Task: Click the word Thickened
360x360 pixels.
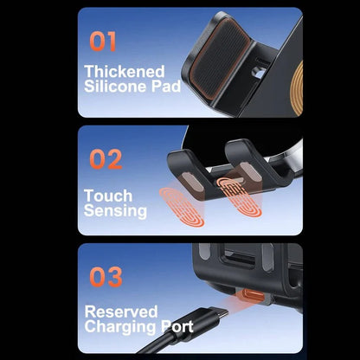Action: [123, 72]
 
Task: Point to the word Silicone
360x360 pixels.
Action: [113, 87]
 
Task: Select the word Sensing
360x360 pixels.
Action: [116, 210]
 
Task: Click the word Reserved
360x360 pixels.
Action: [120, 311]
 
